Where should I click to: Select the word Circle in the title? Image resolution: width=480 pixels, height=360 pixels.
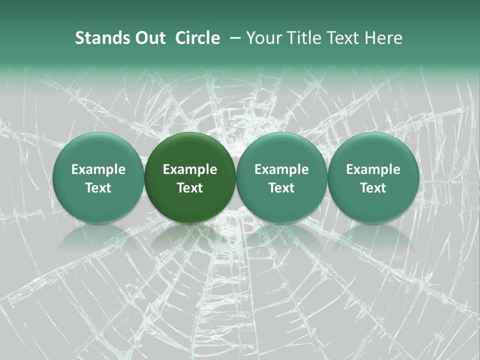pos(197,38)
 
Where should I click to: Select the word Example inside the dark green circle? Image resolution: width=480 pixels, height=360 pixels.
pos(190,169)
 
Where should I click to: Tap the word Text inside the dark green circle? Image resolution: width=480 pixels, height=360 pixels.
pos(190,188)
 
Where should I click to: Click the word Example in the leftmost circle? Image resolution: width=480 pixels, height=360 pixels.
pos(98,169)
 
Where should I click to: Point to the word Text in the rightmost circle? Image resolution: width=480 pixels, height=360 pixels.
pos(373,188)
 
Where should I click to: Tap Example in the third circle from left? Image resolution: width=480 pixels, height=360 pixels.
pos(281,169)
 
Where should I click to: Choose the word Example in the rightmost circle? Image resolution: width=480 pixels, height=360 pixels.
pos(373,169)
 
